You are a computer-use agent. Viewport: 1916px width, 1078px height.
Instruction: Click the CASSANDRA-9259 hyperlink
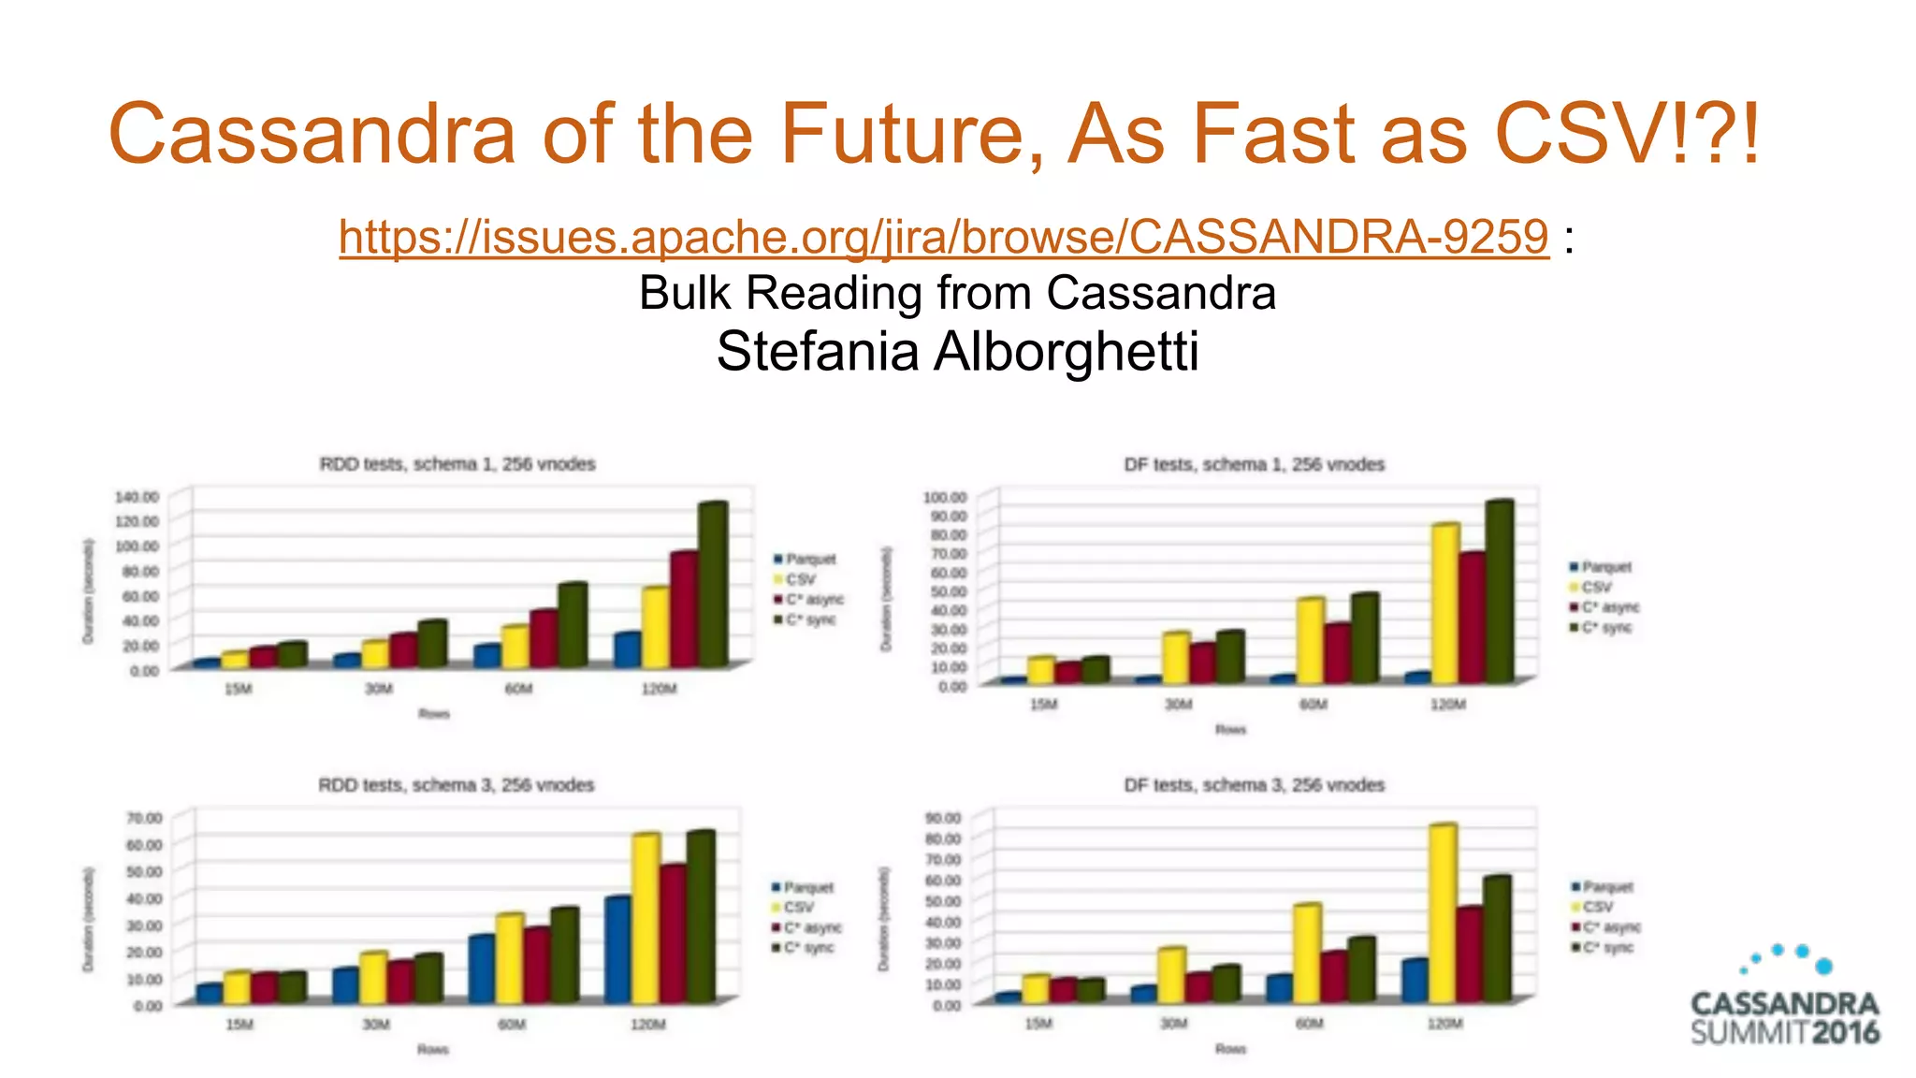pyautogui.click(x=943, y=236)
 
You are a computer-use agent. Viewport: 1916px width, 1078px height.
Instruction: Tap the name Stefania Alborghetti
pyautogui.click(x=957, y=352)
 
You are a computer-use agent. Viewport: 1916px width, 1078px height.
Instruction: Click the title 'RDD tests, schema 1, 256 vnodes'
pyautogui.click(x=457, y=464)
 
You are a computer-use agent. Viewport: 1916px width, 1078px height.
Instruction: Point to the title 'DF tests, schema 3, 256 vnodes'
pyautogui.click(x=1254, y=785)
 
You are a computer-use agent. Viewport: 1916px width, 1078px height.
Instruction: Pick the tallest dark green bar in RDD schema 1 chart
pyautogui.click(x=712, y=585)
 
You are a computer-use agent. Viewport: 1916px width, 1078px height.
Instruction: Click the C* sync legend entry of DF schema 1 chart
pyautogui.click(x=1604, y=628)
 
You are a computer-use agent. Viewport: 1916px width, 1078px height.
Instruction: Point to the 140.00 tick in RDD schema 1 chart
pyautogui.click(x=137, y=496)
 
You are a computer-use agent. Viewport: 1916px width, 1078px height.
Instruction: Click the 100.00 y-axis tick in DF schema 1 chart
pyautogui.click(x=945, y=496)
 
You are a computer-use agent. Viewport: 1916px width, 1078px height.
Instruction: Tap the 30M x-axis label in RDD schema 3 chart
pyautogui.click(x=376, y=1025)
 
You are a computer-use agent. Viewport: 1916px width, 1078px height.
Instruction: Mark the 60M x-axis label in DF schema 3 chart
pyautogui.click(x=1309, y=1024)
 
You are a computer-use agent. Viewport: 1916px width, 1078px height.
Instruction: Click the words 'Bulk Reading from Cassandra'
pyautogui.click(x=957, y=293)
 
